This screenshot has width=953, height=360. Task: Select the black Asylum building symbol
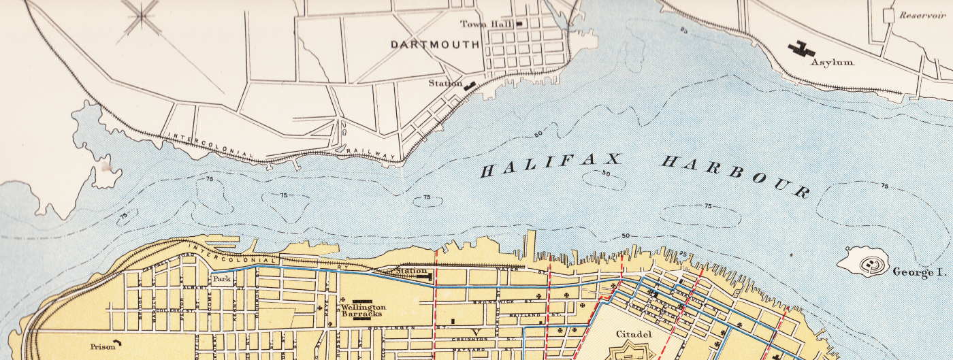801,48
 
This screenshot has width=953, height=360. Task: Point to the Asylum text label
832,62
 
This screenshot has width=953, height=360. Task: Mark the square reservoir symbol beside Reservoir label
888,14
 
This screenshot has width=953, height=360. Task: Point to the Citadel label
634,334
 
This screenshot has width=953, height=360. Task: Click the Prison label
103,346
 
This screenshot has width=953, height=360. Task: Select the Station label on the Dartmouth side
445,84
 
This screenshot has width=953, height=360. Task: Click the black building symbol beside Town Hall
520,24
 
